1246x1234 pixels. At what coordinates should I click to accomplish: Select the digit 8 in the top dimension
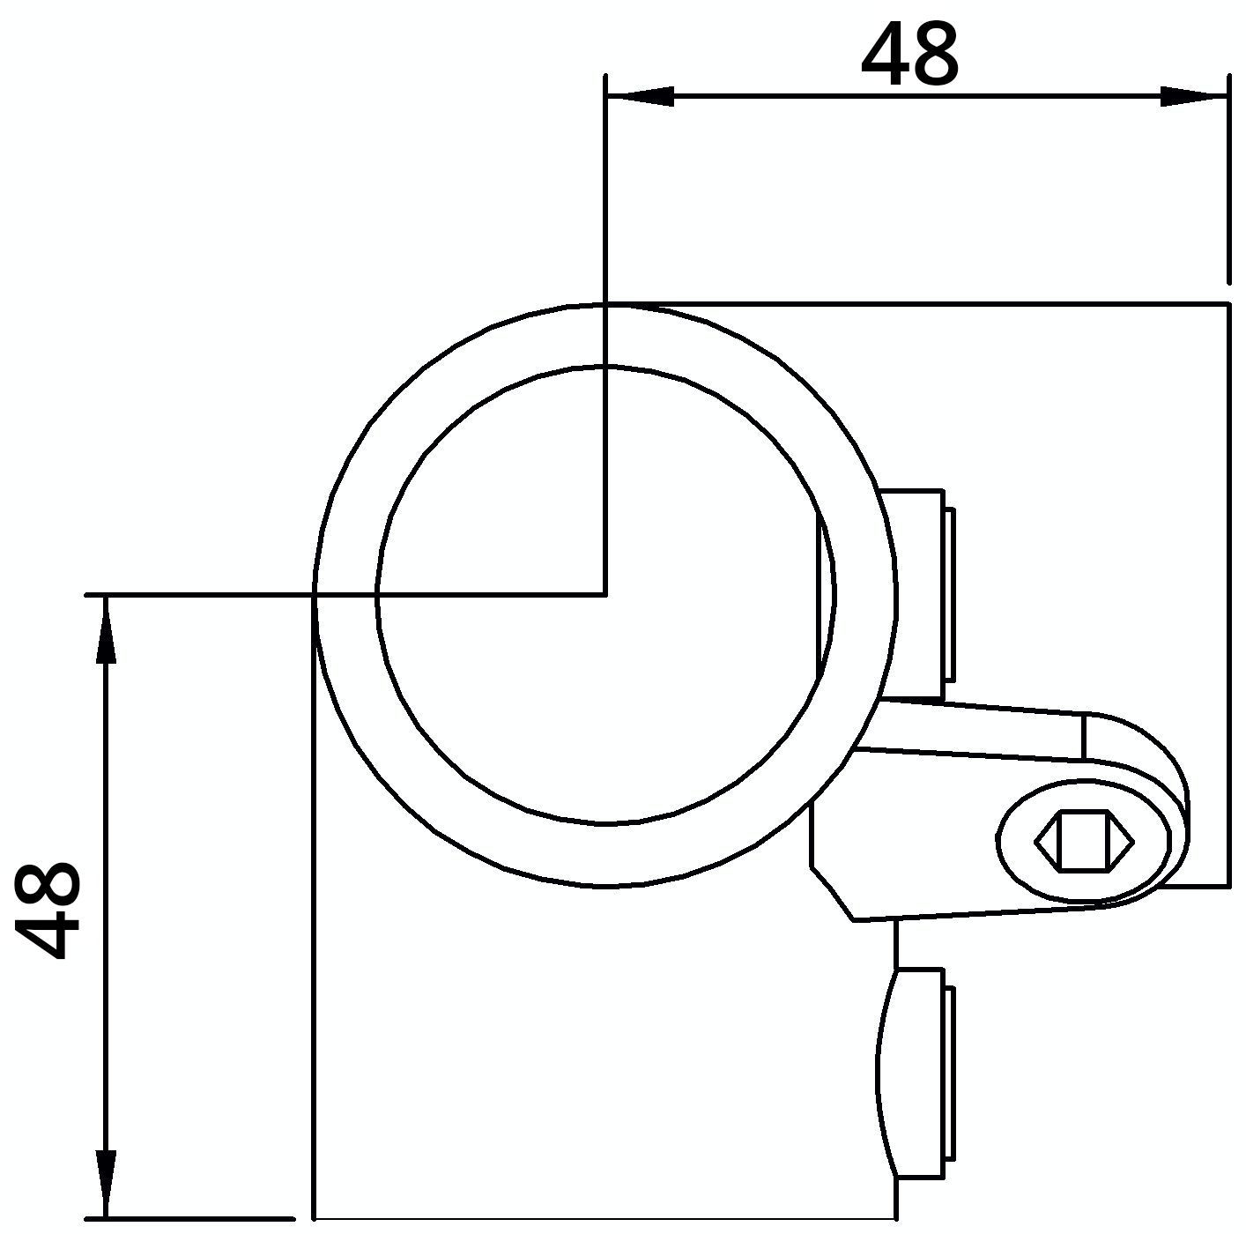tap(935, 54)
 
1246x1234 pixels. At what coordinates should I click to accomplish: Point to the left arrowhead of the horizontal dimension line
tap(640, 96)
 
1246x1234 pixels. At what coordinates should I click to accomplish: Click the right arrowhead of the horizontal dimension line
tap(1194, 96)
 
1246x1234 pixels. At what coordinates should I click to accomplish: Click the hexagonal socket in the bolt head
tap(1085, 842)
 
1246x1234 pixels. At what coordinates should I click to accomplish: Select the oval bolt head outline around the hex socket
tap(1084, 841)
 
